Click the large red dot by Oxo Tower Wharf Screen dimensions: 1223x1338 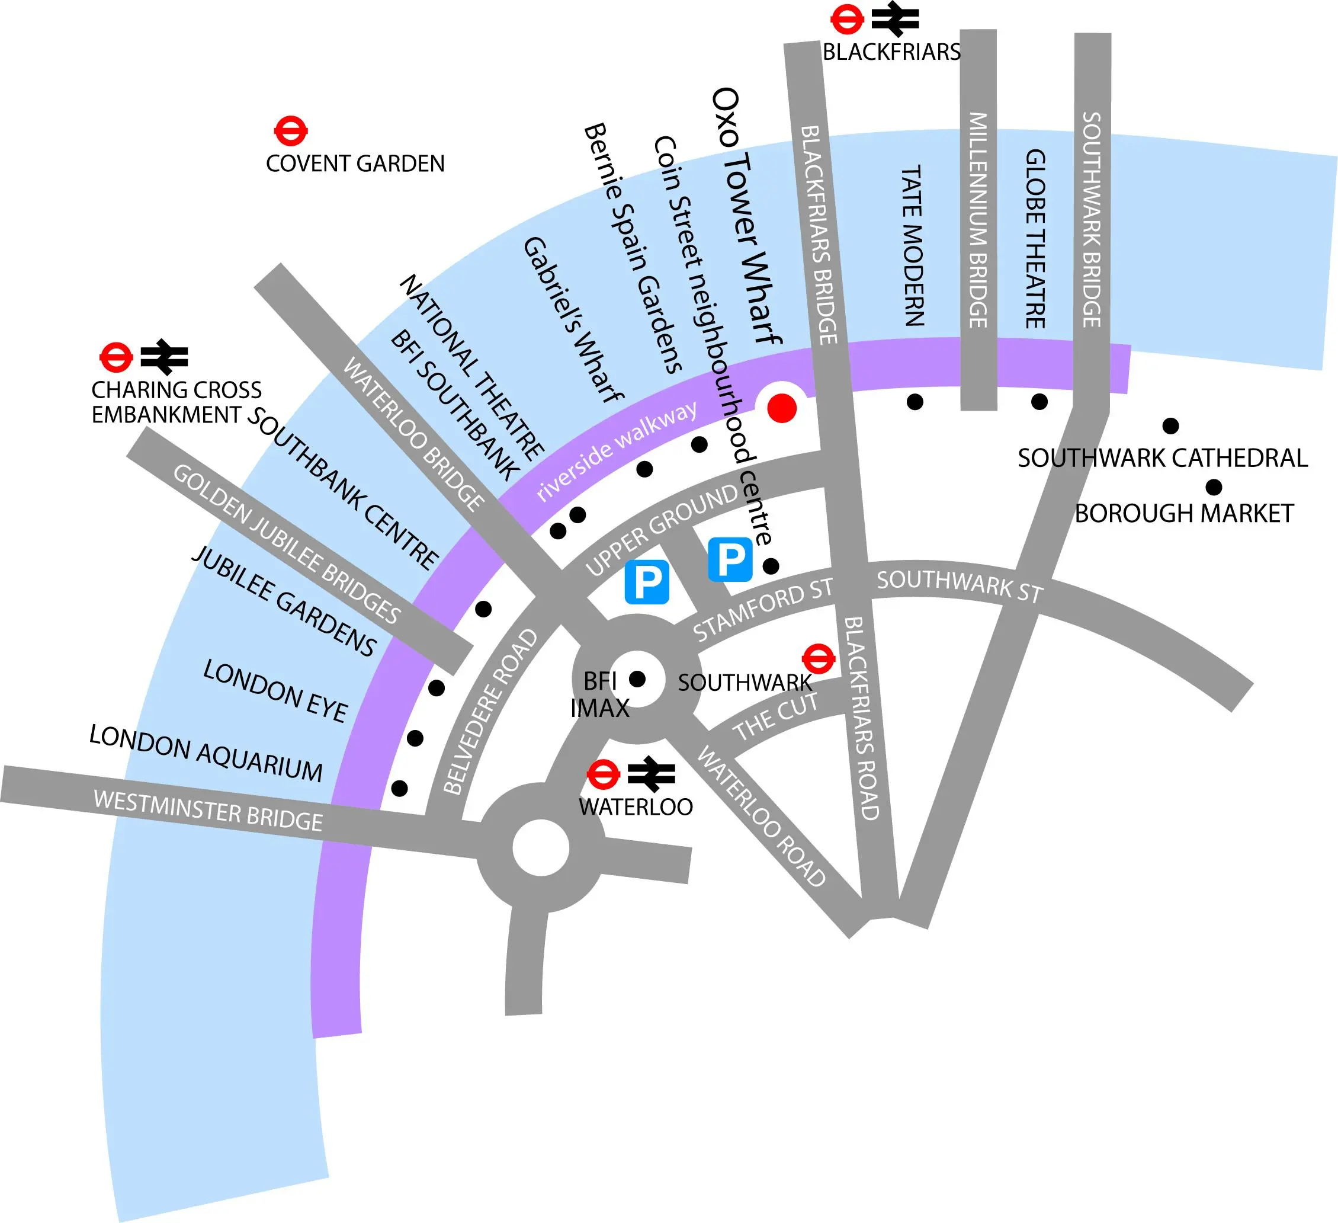pyautogui.click(x=781, y=408)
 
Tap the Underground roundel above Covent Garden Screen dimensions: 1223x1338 pyautogui.click(x=291, y=132)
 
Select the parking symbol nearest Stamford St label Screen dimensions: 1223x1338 pyautogui.click(x=730, y=560)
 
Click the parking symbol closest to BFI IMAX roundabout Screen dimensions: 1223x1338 pyautogui.click(x=646, y=582)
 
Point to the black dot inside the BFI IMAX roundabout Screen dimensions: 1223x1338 pyautogui.click(x=637, y=678)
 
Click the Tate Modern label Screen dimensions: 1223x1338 pyautogui.click(x=913, y=246)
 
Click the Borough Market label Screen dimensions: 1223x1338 pyautogui.click(x=1183, y=513)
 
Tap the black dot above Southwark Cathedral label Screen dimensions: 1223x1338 pyautogui.click(x=1171, y=425)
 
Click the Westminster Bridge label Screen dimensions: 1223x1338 pyautogui.click(x=208, y=811)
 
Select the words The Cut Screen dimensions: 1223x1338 pyautogui.click(x=775, y=716)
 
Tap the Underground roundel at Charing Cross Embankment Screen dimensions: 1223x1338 pyautogui.click(x=116, y=357)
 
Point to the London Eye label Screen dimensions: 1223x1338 pyautogui.click(x=275, y=690)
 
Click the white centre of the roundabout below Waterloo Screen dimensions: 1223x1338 pyautogui.click(x=541, y=848)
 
